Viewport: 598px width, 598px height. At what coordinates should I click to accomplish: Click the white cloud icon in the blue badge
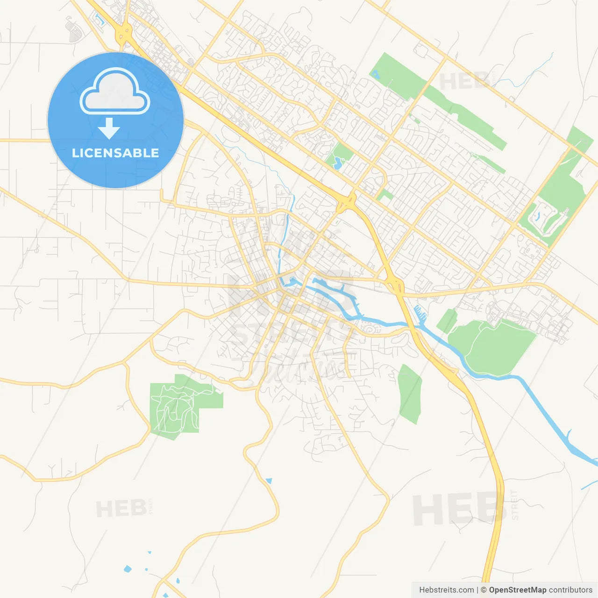(115, 92)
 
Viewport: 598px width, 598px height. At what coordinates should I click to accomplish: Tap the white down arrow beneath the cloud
(109, 128)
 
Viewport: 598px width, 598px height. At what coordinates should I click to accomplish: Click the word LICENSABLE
(115, 153)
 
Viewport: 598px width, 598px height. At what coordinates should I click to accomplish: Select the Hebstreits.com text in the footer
(446, 590)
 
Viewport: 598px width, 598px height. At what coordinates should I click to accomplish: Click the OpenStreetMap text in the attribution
(517, 590)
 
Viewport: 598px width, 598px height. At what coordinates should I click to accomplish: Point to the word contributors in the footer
(570, 590)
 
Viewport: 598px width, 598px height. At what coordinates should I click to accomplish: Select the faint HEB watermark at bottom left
(121, 508)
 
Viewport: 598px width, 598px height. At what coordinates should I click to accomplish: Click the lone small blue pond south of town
(269, 480)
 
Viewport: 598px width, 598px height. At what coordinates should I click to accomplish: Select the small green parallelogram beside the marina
(447, 321)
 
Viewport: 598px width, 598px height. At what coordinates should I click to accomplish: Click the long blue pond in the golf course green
(537, 216)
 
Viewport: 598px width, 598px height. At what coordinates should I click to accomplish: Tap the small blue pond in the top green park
(376, 73)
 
